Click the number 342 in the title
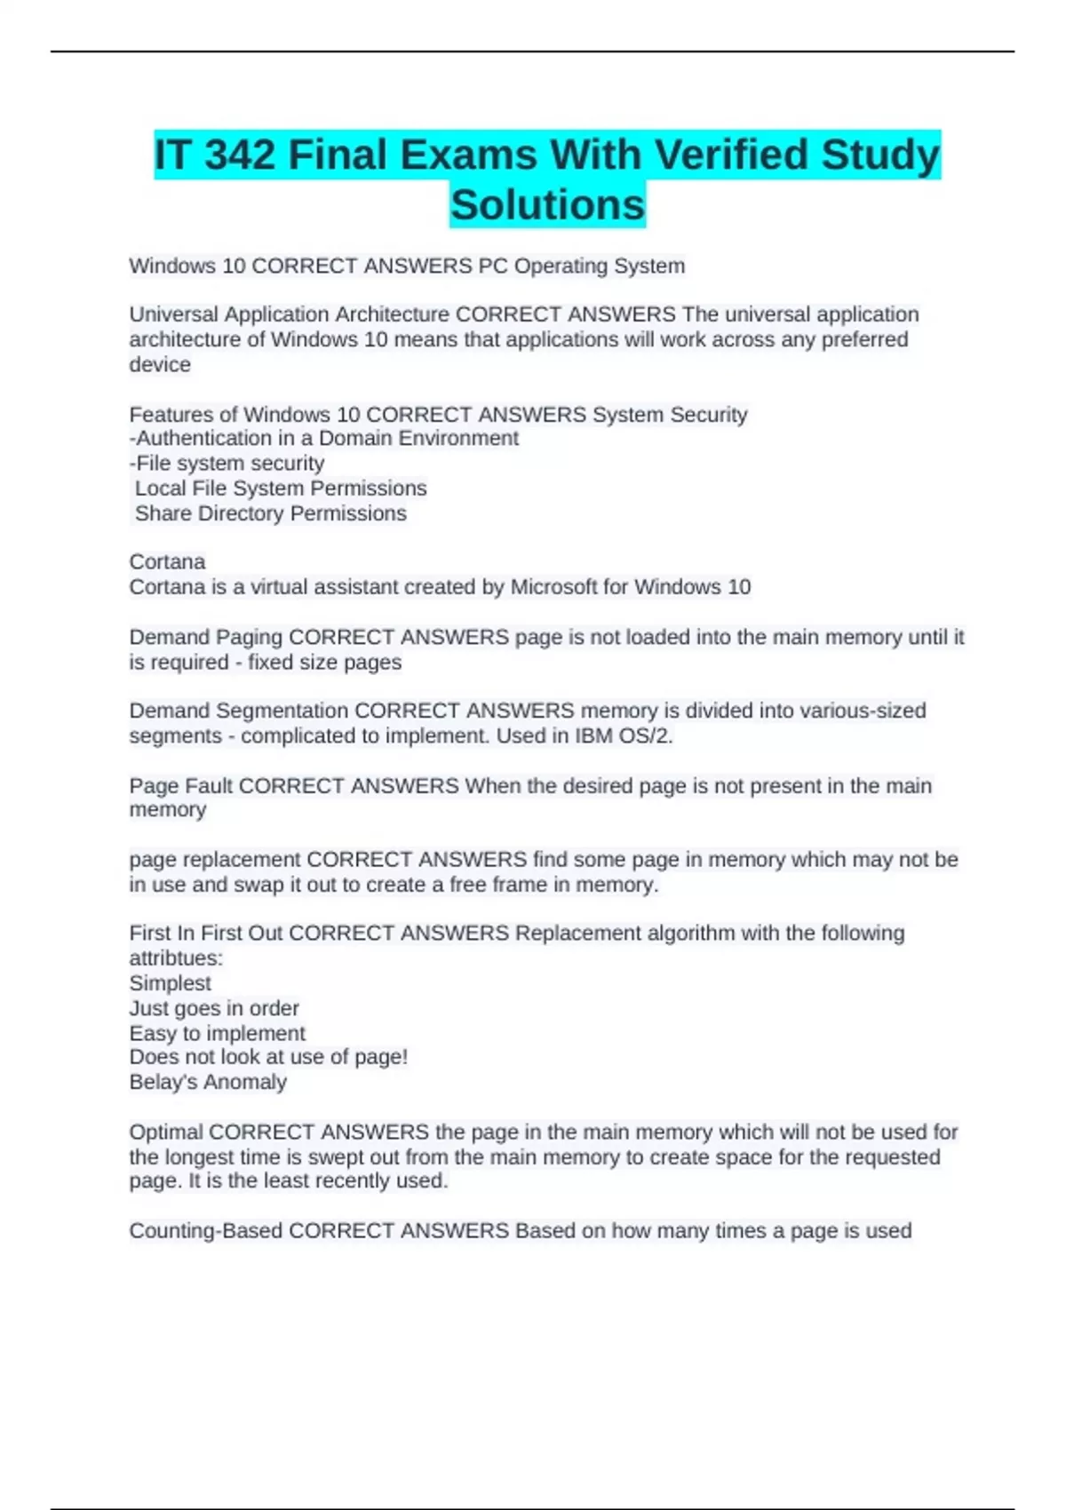pos(239,155)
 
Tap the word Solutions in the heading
pos(547,205)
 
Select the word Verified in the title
pos(730,155)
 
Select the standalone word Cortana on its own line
pos(167,562)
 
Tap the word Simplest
pos(170,983)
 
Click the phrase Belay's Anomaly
pos(208,1082)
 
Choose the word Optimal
pos(165,1132)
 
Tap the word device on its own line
pos(160,365)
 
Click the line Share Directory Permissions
pos(270,513)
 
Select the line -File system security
pos(227,464)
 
